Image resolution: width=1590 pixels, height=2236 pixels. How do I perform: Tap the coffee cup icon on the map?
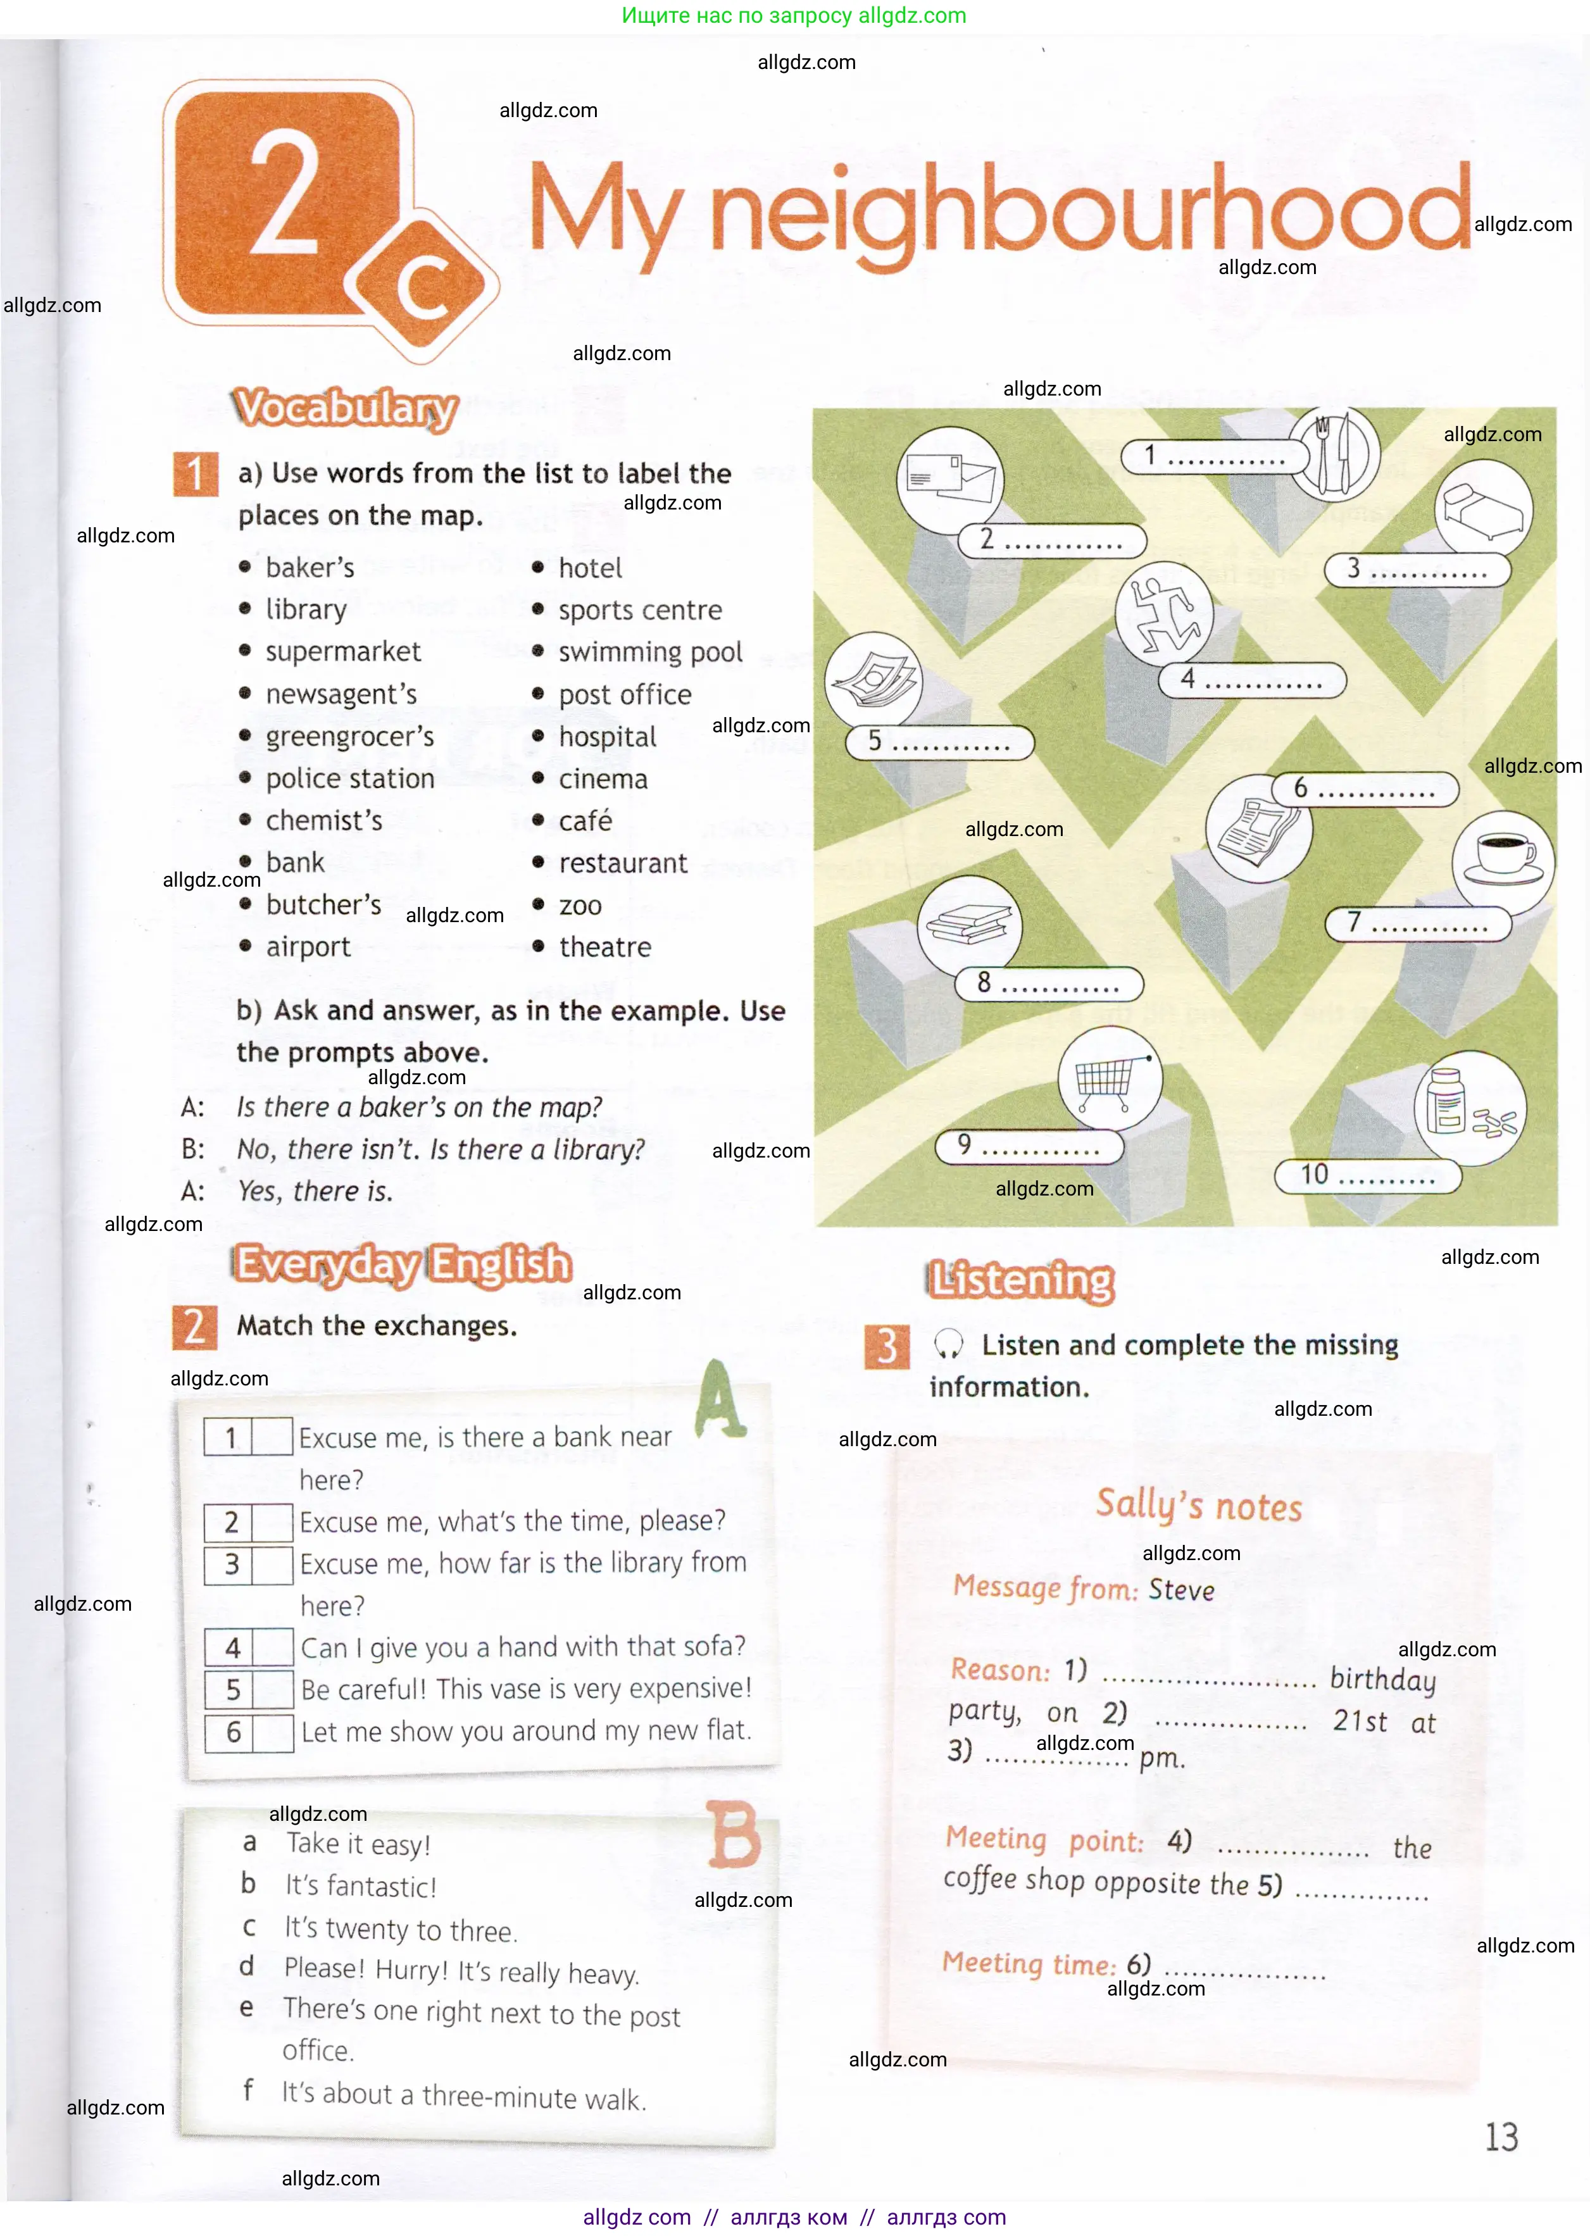click(x=1503, y=856)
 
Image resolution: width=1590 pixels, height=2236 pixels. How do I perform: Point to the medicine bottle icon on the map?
click(x=1468, y=1106)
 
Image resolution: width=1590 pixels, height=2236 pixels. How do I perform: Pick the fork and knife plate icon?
click(x=1334, y=453)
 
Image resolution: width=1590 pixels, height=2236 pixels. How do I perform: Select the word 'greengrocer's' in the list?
click(x=349, y=736)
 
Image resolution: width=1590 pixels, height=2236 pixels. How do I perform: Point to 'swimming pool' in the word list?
click(x=650, y=652)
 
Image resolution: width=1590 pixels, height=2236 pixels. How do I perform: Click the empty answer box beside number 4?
click(x=273, y=1647)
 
